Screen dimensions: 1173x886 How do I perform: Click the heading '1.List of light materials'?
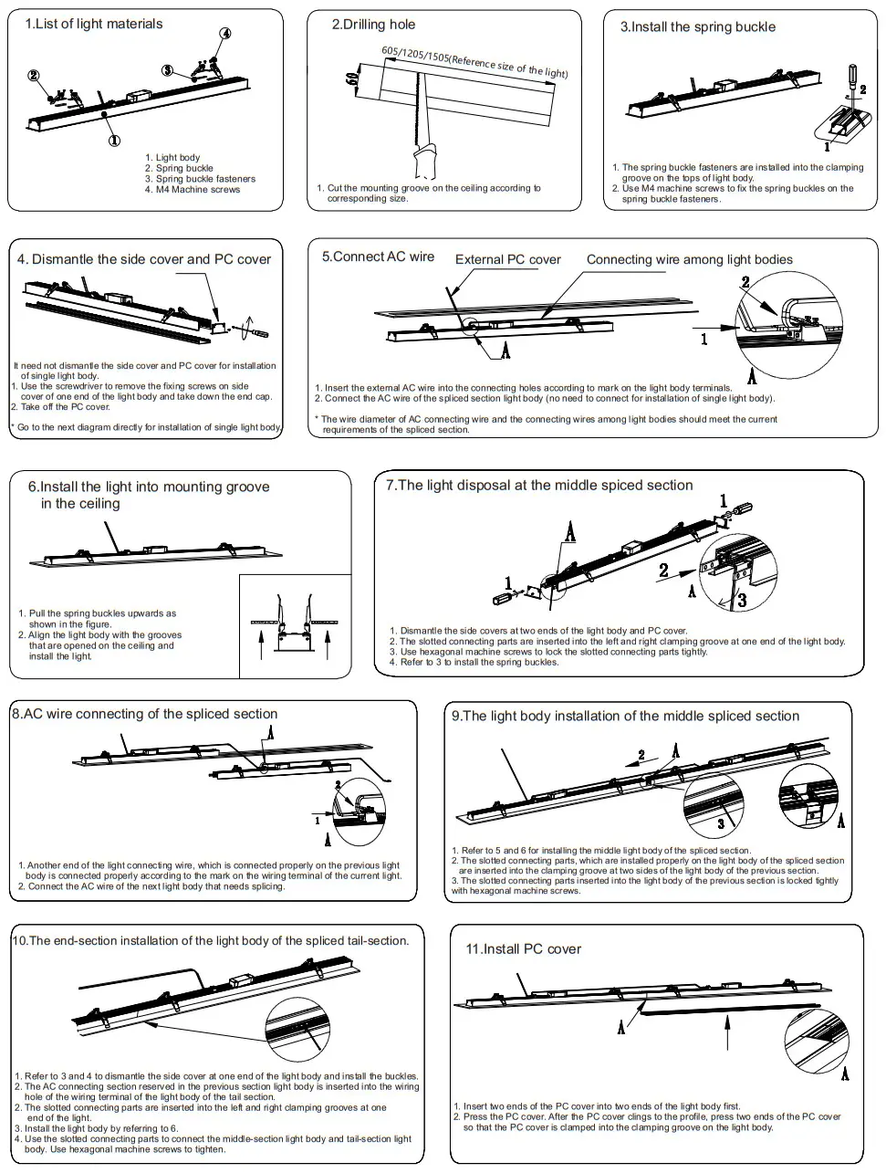(x=94, y=24)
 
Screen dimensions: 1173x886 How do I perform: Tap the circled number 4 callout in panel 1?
(x=225, y=34)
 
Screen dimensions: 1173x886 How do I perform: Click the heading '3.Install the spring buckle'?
(x=698, y=27)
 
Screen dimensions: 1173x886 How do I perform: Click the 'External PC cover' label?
(x=508, y=260)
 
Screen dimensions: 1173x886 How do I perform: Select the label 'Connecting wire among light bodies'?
(x=689, y=260)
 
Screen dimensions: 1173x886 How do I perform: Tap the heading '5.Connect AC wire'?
(x=378, y=257)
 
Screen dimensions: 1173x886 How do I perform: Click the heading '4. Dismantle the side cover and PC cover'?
(x=144, y=260)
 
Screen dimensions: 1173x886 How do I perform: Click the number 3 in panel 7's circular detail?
(x=742, y=600)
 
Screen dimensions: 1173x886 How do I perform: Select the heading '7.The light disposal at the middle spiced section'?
(x=538, y=486)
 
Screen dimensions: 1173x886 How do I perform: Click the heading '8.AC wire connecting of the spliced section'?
(x=144, y=714)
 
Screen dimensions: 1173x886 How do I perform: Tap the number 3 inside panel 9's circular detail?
(x=721, y=823)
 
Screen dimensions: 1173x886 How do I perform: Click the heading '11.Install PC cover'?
(x=523, y=949)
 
